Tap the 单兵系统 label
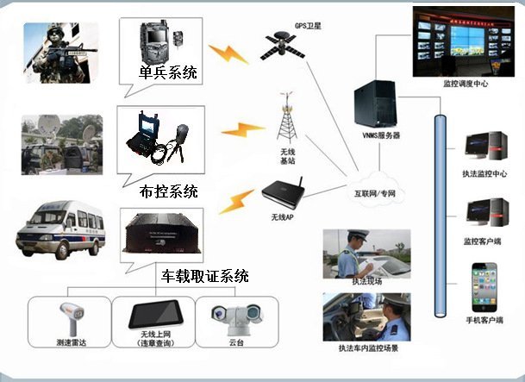[x=167, y=72]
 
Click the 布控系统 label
[x=167, y=190]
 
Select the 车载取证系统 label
[x=205, y=276]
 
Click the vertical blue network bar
[x=441, y=216]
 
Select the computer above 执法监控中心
[x=483, y=147]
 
